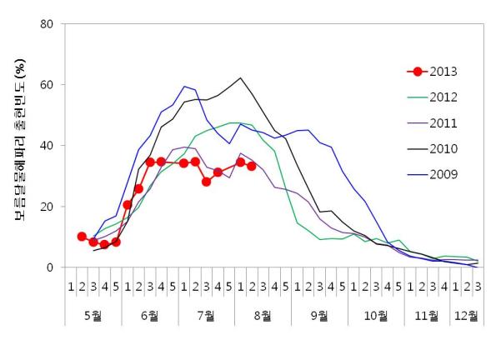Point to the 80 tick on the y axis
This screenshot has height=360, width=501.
(49, 24)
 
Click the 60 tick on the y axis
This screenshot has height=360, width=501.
(49, 85)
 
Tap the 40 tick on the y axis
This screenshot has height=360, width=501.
(49, 146)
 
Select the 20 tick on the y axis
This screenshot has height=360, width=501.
(49, 207)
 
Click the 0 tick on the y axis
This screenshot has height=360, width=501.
(53, 267)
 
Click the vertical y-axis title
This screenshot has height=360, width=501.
(22, 147)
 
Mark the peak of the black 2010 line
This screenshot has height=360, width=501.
(240, 78)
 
